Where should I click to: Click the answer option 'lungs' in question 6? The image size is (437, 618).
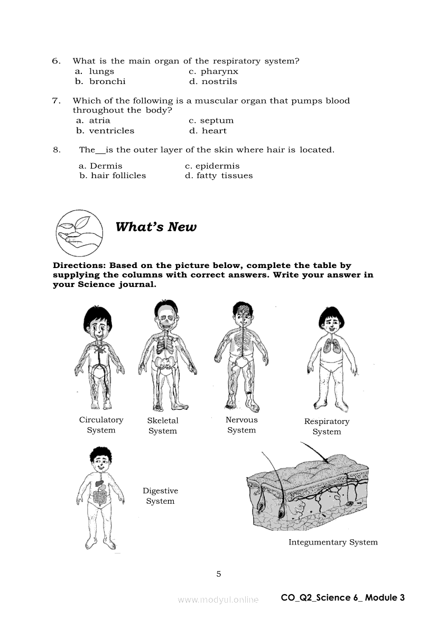[x=101, y=71]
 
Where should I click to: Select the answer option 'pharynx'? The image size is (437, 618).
[x=219, y=71]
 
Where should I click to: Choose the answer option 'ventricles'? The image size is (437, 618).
[x=111, y=131]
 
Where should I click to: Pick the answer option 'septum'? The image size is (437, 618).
[x=217, y=121]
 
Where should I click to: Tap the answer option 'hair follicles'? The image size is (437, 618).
[x=118, y=176]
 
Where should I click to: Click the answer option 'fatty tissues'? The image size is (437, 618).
[x=225, y=176]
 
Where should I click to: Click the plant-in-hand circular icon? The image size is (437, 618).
[x=79, y=233]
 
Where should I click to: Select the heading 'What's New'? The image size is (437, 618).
[x=156, y=227]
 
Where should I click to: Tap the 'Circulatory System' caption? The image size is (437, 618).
[x=101, y=425]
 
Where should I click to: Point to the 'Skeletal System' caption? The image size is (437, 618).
[x=163, y=426]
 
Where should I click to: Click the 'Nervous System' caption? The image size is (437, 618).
[x=241, y=425]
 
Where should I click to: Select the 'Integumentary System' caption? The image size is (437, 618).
[x=333, y=542]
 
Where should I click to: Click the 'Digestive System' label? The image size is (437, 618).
[x=161, y=496]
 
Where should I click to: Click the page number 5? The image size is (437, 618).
[x=219, y=574]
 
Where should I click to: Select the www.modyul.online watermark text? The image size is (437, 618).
[x=218, y=600]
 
